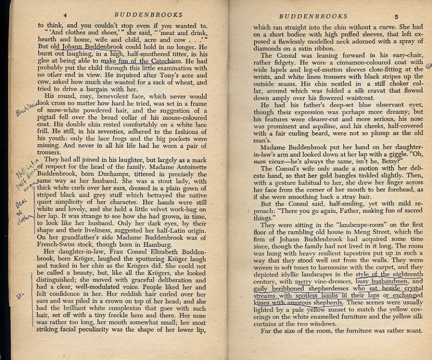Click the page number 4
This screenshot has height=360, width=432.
[x=65, y=15]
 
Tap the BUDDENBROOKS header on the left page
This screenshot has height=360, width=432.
[x=142, y=15]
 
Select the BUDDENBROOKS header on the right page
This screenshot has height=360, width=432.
[x=313, y=16]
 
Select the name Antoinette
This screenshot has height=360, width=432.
[x=191, y=165]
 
